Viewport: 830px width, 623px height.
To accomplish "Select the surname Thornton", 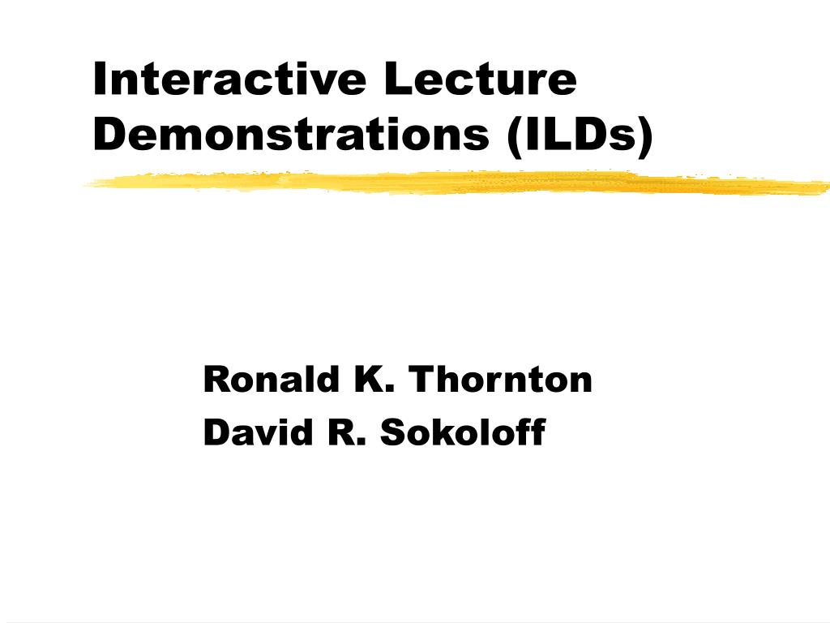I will [x=501, y=379].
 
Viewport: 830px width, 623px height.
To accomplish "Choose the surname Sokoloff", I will [x=463, y=432].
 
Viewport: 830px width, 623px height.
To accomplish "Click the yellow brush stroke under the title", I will [x=454, y=183].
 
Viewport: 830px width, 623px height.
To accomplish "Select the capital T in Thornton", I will [x=421, y=379].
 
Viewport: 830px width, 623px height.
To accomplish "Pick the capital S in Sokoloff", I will [x=392, y=432].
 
